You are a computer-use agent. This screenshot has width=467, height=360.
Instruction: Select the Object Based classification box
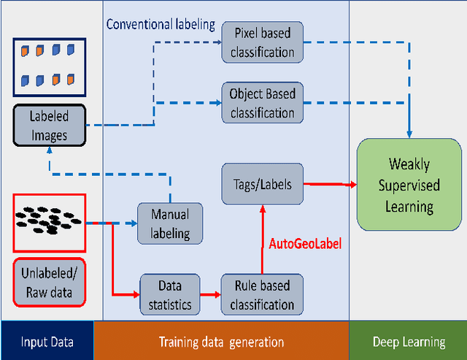coord(262,103)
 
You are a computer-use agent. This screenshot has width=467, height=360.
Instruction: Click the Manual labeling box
coord(170,223)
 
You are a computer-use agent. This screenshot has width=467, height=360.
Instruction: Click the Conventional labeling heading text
coord(161,24)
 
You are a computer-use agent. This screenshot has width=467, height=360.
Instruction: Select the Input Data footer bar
coord(47,341)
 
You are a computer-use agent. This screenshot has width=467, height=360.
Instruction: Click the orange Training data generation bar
coord(222,341)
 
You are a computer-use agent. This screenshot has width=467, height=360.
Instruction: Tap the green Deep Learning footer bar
coord(409,341)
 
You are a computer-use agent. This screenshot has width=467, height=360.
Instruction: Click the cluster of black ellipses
coord(48,220)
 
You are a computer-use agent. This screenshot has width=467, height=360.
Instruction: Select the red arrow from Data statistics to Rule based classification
coord(209,294)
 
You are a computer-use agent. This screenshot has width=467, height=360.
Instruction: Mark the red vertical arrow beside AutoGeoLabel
coord(263,238)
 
